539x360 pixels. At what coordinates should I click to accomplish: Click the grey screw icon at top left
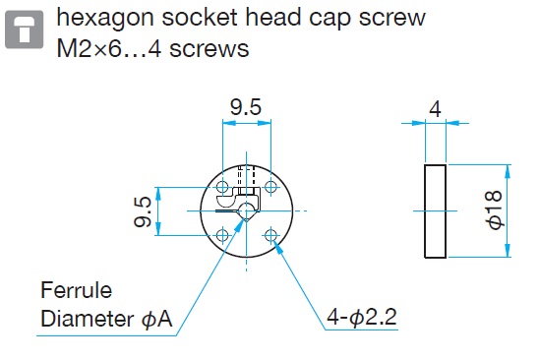(x=24, y=30)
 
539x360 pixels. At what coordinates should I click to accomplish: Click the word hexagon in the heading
(x=105, y=18)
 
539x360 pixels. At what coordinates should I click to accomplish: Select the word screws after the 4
(x=210, y=49)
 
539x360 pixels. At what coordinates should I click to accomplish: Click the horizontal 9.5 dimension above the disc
(x=246, y=107)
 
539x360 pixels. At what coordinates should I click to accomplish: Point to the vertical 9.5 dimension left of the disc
(x=143, y=211)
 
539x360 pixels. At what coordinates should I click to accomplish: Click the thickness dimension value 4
(x=435, y=110)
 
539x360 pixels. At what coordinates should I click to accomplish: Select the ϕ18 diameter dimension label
(x=495, y=210)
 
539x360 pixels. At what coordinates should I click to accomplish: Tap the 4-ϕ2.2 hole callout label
(x=362, y=317)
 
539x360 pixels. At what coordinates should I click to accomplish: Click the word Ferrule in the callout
(x=77, y=290)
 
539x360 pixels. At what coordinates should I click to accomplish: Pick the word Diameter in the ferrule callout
(x=87, y=319)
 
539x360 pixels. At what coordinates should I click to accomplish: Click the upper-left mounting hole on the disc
(x=222, y=187)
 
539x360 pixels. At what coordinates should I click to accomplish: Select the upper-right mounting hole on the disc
(x=270, y=187)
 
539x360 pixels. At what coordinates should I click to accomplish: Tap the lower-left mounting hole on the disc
(x=222, y=235)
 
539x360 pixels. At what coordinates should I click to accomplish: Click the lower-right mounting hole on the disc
(x=270, y=235)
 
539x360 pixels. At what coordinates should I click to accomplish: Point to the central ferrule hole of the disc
(x=246, y=210)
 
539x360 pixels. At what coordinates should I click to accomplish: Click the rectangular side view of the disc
(x=435, y=210)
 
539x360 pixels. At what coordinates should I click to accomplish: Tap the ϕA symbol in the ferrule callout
(x=156, y=319)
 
